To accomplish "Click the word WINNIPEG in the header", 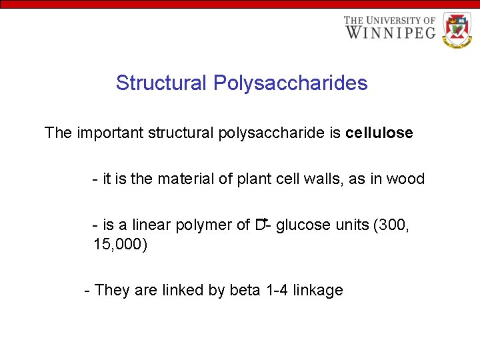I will pos(390,32).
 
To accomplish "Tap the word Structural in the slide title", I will pos(161,83).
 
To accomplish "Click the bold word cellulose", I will pos(379,133).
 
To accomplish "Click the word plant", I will pos(255,179).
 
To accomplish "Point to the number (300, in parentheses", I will pos(393,225).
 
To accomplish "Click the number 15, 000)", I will pos(120,245).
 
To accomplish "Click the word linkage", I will pos(319,291).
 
